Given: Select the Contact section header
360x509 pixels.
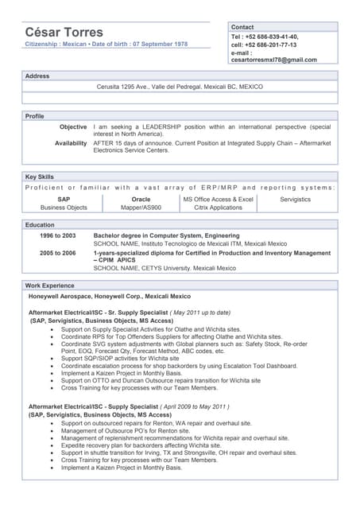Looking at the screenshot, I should click(x=242, y=27).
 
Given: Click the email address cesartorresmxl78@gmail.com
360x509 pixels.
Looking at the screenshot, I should click(x=273, y=60).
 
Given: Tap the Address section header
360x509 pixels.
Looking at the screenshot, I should click(x=37, y=76).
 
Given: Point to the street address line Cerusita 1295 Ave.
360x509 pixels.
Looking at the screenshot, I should click(x=179, y=87).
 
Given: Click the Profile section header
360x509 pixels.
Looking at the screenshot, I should click(x=35, y=116).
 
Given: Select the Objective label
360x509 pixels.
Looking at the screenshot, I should click(x=73, y=126).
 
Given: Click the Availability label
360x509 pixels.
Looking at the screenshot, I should click(x=71, y=143).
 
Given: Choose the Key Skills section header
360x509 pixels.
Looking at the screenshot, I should click(x=40, y=177).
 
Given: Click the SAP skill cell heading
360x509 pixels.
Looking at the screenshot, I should click(x=64, y=199).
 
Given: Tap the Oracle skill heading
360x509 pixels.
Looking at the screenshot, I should click(x=141, y=199).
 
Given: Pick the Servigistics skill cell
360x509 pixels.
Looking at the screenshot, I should click(x=296, y=199).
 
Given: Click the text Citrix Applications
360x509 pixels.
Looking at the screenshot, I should click(x=218, y=208).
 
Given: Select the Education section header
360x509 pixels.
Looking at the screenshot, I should click(x=40, y=225).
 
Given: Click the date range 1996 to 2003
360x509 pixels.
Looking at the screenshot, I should click(x=58, y=236).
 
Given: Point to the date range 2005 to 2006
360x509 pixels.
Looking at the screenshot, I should click(x=58, y=253).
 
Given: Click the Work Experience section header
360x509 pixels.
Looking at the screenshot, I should click(x=49, y=285).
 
